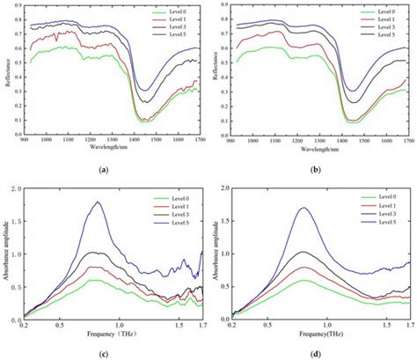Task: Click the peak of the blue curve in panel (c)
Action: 98,202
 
